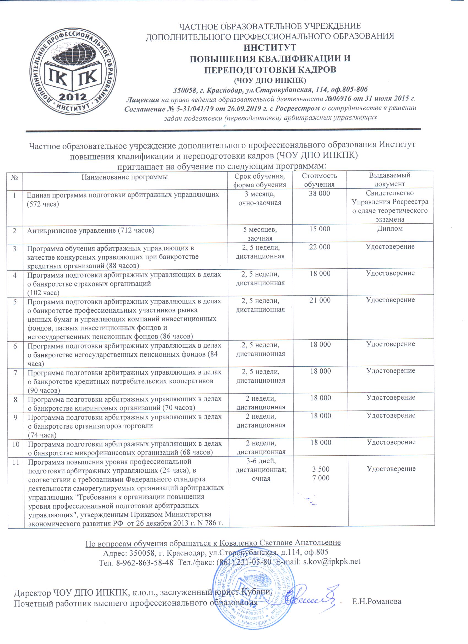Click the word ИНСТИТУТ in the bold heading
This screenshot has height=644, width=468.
click(x=270, y=47)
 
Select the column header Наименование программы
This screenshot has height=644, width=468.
click(x=125, y=177)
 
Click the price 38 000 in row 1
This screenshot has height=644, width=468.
click(x=319, y=194)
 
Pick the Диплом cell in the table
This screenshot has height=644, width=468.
click(x=390, y=228)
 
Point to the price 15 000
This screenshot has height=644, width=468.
click(x=320, y=229)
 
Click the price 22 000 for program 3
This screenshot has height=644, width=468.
click(x=320, y=247)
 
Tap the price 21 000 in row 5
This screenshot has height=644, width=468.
click(x=320, y=300)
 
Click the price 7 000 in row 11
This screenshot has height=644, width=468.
click(x=321, y=478)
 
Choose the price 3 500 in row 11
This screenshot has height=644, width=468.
click(x=321, y=469)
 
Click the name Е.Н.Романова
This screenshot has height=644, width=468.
click(x=377, y=601)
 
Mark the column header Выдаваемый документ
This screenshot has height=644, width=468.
click(x=389, y=180)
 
